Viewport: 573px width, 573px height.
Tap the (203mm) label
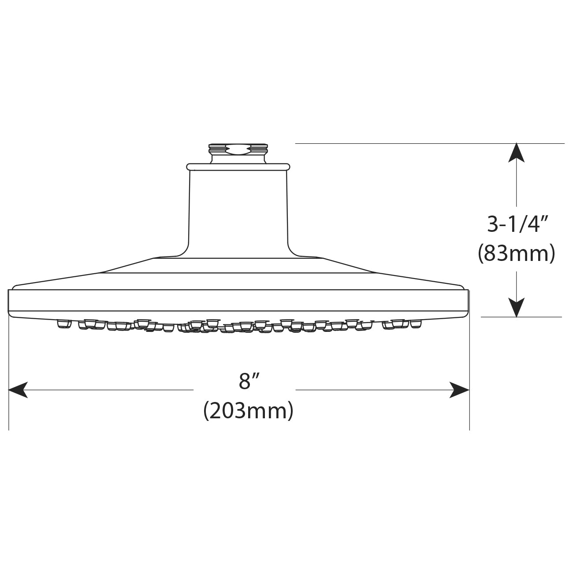[x=248, y=411]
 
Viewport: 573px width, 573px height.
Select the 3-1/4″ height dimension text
[x=517, y=225]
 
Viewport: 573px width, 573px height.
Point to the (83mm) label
[x=517, y=254]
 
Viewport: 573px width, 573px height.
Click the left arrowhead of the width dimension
[x=18, y=390]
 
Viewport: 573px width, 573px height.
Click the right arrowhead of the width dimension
[x=460, y=390]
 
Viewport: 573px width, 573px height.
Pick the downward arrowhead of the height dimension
[x=517, y=307]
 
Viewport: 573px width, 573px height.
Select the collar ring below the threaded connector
[x=238, y=167]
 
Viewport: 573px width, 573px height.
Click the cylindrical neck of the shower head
[x=238, y=212]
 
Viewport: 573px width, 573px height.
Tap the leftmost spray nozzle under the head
[x=64, y=324]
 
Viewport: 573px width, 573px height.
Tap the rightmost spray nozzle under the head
[x=414, y=324]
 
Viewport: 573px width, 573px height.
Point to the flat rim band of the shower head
[x=238, y=300]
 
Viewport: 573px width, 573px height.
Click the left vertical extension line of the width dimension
[x=9, y=375]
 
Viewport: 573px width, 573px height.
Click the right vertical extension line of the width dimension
[x=469, y=375]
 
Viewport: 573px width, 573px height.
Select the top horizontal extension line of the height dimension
[x=430, y=143]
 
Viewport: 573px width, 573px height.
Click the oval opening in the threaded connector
[x=238, y=151]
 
